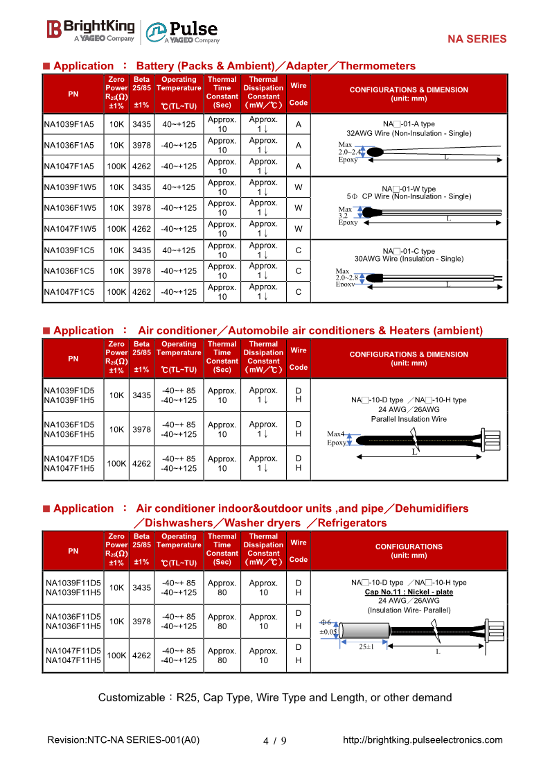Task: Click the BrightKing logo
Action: (x=91, y=30)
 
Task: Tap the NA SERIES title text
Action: (x=477, y=40)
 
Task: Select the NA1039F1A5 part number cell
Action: (x=69, y=125)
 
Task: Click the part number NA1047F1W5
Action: (x=69, y=229)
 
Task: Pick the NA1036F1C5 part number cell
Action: (x=69, y=271)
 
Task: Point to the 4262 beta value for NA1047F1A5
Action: (x=141, y=166)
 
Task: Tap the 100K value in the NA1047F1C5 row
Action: (x=116, y=292)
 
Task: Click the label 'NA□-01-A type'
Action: (x=409, y=124)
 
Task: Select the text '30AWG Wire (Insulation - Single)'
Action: (x=409, y=259)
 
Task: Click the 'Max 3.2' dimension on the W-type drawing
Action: (x=344, y=212)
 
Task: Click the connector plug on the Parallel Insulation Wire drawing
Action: (x=491, y=439)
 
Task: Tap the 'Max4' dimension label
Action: (x=335, y=434)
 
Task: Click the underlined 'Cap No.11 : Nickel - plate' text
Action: (x=409, y=592)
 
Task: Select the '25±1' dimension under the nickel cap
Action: (x=366, y=647)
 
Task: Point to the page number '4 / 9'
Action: (x=275, y=740)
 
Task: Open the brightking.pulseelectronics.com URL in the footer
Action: (x=423, y=739)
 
